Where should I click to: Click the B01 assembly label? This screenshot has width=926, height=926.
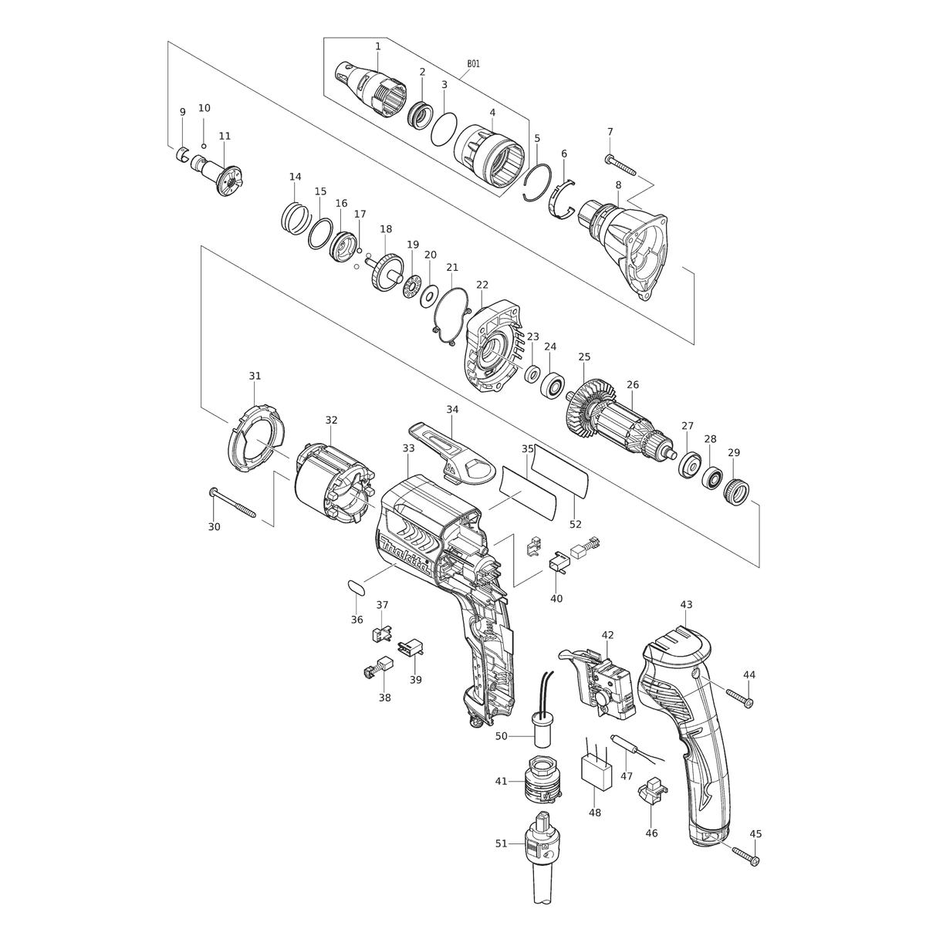point(473,64)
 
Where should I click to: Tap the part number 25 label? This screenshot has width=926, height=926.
point(584,357)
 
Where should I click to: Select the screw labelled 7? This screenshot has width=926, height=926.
point(620,165)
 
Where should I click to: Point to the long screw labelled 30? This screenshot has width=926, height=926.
point(232,502)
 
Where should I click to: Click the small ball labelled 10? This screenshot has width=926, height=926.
point(204,146)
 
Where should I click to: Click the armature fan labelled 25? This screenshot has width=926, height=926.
point(590,411)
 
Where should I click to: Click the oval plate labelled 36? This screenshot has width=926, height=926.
point(356,587)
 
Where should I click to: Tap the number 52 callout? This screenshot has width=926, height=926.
point(575,524)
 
